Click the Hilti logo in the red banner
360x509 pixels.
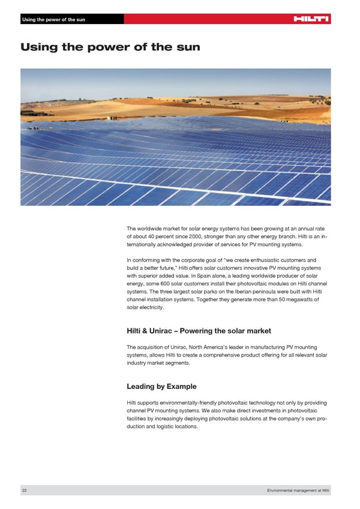[x=311, y=19]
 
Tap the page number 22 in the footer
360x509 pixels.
[x=24, y=491]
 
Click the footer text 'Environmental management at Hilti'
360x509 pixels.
[x=298, y=491]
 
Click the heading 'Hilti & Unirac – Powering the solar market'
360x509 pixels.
[x=199, y=331]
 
